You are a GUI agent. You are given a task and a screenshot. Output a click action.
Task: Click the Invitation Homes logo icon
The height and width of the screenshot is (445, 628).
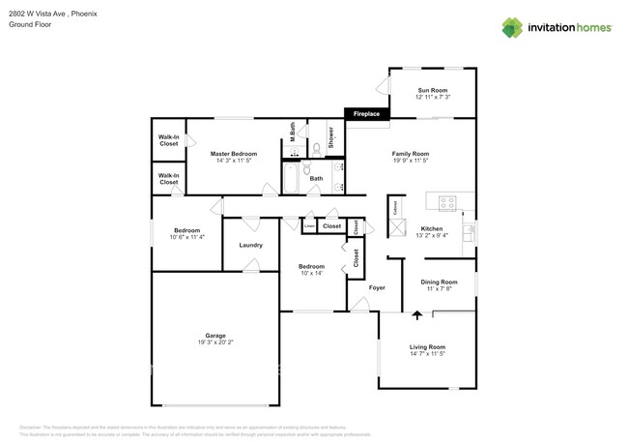pyautogui.click(x=512, y=27)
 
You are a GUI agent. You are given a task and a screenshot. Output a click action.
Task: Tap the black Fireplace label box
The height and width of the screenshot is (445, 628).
pyautogui.click(x=366, y=114)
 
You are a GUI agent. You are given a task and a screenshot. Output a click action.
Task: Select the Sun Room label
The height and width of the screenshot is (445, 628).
pyautogui.click(x=432, y=90)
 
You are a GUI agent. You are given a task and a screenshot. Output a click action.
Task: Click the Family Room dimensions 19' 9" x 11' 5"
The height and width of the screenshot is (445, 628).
pyautogui.click(x=411, y=162)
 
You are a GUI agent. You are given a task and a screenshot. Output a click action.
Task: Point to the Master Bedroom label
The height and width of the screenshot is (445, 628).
pyautogui.click(x=234, y=154)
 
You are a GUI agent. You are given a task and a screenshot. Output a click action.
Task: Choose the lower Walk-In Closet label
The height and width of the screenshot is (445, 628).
pyautogui.click(x=168, y=179)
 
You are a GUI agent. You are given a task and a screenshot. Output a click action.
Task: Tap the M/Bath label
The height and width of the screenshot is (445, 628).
pyautogui.click(x=293, y=133)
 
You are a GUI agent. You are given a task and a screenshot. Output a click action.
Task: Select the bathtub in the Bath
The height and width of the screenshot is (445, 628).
pyautogui.click(x=291, y=179)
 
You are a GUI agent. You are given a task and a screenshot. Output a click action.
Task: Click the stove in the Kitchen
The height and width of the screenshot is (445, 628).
pyautogui.click(x=447, y=203)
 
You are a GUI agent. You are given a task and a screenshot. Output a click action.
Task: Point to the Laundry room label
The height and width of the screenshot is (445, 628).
pyautogui.click(x=250, y=245)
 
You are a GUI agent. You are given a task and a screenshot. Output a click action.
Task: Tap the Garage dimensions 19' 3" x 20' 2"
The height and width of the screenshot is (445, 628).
pyautogui.click(x=214, y=342)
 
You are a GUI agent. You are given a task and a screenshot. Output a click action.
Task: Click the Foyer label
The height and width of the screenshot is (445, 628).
pyautogui.click(x=377, y=287)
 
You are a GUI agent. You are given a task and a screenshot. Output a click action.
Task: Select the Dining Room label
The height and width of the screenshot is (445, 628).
pyautogui.click(x=439, y=282)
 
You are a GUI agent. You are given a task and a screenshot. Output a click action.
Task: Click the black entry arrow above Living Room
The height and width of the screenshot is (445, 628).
pyautogui.click(x=417, y=314)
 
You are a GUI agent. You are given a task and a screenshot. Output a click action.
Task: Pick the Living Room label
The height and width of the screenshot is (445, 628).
pyautogui.click(x=427, y=346)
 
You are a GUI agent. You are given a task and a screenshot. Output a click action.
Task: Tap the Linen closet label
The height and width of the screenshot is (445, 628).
pyautogui.click(x=309, y=226)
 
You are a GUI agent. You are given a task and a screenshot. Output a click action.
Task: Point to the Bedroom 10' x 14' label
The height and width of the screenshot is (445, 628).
pyautogui.click(x=311, y=266)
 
